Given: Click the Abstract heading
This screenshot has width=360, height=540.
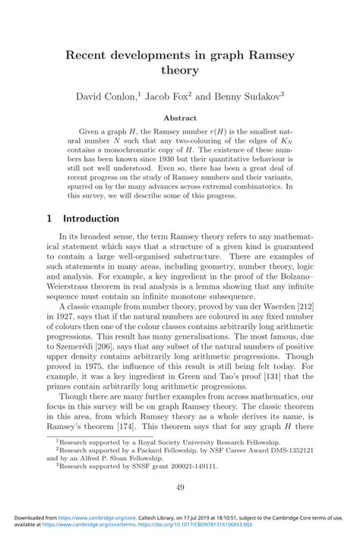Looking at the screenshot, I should tap(180, 118).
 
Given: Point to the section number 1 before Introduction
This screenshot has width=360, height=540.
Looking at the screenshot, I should tap(49, 219).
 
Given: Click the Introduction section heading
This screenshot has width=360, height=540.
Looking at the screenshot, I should tap(91, 219).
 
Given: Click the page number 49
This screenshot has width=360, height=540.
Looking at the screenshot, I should tap(180, 487).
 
